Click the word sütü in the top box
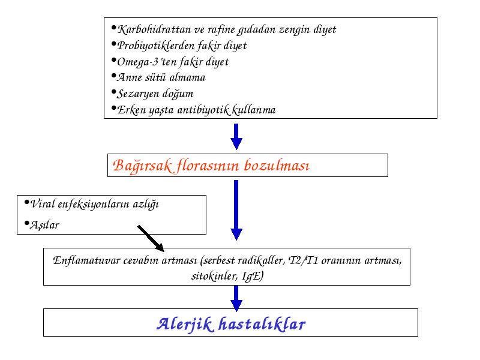point(155,77)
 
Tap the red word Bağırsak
point(143,166)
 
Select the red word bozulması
point(277,166)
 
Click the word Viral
point(43,203)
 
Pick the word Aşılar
point(44,225)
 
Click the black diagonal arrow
point(151,239)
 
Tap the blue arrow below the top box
point(236,137)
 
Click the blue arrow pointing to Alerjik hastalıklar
point(236,298)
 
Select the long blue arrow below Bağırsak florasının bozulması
point(236,210)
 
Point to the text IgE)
point(253,276)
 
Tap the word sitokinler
point(214,276)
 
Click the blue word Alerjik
point(185,324)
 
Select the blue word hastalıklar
point(262,324)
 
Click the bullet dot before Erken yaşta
point(114,108)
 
